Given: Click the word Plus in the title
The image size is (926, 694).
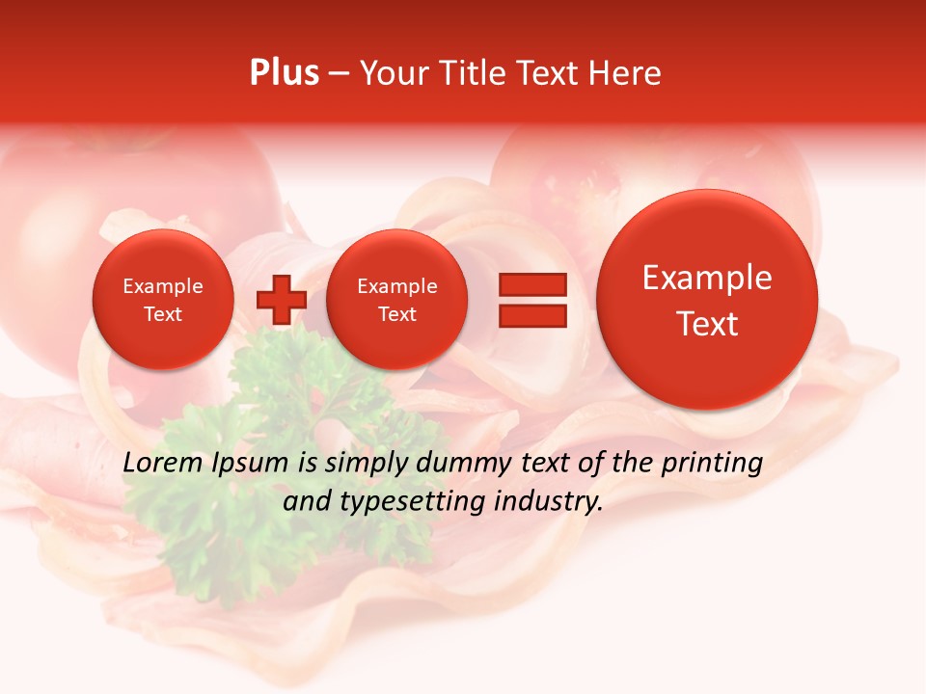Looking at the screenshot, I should pyautogui.click(x=284, y=73).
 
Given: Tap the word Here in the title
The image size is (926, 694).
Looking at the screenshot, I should pyautogui.click(x=625, y=73).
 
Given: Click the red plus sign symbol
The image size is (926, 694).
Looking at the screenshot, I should pyautogui.click(x=281, y=299).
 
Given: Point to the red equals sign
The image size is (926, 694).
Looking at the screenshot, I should pyautogui.click(x=531, y=299).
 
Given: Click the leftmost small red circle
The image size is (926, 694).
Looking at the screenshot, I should pyautogui.click(x=162, y=300).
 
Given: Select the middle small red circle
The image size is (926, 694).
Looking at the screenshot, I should pyautogui.click(x=396, y=300).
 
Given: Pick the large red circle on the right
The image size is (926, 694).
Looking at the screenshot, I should pyautogui.click(x=707, y=300).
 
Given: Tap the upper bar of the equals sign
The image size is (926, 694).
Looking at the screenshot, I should pyautogui.click(x=531, y=284).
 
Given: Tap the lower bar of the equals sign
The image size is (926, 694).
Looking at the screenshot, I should pyautogui.click(x=531, y=315).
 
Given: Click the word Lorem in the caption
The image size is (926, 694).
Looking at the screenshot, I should pyautogui.click(x=162, y=464).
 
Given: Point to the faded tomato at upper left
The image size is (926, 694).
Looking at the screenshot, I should pyautogui.click(x=193, y=183).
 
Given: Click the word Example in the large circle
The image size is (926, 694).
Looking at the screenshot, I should pyautogui.click(x=707, y=278).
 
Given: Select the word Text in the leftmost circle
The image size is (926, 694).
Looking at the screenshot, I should pyautogui.click(x=162, y=314).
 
